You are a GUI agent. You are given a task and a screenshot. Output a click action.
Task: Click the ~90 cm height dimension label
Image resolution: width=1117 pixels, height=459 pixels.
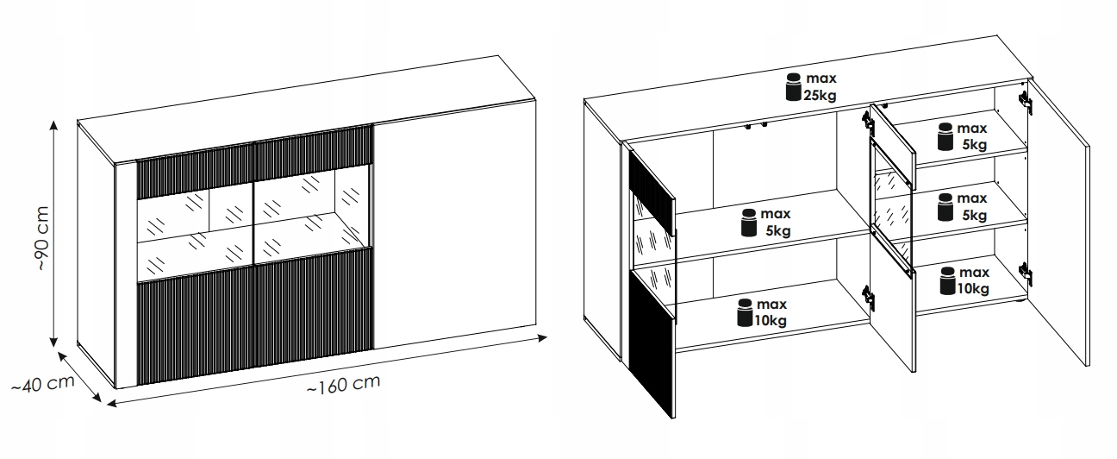coord(43,238)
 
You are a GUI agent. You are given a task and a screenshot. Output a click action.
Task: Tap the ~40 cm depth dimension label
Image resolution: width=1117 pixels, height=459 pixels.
coord(43,384)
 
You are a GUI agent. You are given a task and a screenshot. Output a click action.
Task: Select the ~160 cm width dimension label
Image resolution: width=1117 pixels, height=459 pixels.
coord(344,384)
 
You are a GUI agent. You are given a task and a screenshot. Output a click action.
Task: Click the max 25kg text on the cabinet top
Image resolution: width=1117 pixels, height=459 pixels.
coord(821,87)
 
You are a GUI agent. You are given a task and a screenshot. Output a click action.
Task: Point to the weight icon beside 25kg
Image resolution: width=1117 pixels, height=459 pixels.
coord(794,87)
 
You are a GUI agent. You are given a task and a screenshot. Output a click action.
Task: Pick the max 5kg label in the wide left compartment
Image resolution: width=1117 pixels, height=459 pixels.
coord(776,223)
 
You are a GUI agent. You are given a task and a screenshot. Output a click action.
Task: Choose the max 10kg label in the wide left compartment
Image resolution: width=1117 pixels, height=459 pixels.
coord(771,312)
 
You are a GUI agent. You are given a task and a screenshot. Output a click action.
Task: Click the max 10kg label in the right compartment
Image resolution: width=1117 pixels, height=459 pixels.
coord(973,280)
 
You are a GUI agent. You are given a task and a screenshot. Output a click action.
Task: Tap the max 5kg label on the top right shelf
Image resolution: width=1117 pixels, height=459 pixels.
coord(972,136)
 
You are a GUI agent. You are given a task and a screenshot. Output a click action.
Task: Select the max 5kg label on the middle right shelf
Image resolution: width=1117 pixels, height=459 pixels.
coord(972,207)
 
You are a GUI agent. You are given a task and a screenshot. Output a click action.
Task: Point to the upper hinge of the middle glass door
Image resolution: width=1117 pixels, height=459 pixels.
coord(868,123)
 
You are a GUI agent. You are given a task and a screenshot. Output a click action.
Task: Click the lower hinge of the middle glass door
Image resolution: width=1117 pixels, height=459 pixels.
coord(868,297)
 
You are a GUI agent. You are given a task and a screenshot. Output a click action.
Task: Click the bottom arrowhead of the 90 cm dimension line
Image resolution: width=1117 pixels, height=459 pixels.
coord(53,342)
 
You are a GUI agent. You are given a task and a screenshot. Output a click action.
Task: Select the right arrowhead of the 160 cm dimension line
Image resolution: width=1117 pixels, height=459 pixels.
coord(541,338)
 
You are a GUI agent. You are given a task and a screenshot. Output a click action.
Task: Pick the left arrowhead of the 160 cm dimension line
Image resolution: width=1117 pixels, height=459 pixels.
coord(112,403)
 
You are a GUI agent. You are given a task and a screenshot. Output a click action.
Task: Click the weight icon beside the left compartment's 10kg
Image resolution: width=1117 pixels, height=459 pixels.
coord(745,313)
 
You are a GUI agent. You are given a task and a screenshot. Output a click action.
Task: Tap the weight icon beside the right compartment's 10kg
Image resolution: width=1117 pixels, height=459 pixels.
coord(947,281)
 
